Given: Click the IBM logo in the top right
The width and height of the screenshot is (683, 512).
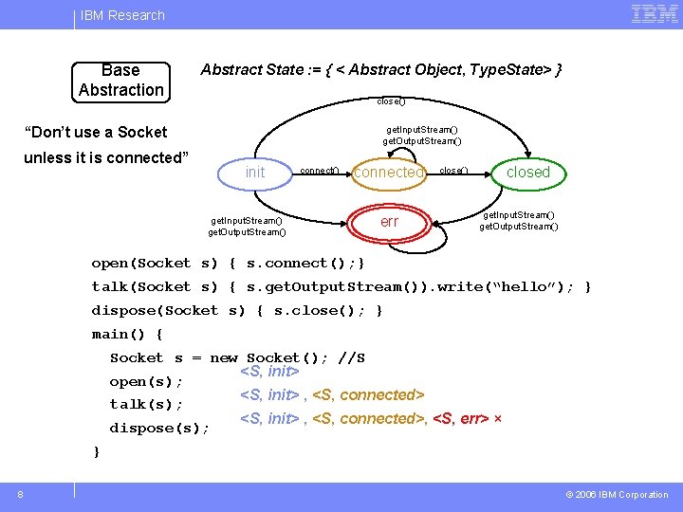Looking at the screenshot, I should tap(654, 14).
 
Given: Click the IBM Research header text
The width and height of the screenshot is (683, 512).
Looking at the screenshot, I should tap(122, 15).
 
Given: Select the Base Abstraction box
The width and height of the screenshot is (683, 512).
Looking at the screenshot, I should tap(121, 81).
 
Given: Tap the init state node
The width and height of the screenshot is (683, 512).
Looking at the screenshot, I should tap(255, 172).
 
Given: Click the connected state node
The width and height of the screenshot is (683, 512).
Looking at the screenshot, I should tap(388, 173).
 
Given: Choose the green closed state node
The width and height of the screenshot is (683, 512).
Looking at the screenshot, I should tap(527, 172).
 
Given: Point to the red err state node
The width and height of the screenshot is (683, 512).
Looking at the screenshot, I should tap(389, 222).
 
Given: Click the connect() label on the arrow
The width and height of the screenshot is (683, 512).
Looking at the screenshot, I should tap(319, 171).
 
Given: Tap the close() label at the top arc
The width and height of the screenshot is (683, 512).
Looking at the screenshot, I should tap(390, 101).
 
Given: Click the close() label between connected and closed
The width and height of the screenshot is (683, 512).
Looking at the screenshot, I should tap(453, 171).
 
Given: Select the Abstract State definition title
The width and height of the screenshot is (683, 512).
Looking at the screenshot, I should tap(381, 70).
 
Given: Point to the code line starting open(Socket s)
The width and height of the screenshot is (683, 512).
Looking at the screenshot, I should tap(228, 263).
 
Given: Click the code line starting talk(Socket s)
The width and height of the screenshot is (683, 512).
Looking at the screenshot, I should tap(341, 286).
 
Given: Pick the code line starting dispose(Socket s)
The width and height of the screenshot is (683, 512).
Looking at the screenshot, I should tap(237, 310).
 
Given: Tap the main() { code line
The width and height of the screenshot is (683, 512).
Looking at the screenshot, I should tap(127, 334).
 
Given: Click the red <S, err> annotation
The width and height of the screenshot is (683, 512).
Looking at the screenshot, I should tap(461, 418).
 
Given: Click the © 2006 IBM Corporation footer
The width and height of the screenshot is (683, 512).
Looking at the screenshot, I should tap(617, 494).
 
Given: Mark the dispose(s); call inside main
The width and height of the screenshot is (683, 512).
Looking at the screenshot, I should tap(159, 428).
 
